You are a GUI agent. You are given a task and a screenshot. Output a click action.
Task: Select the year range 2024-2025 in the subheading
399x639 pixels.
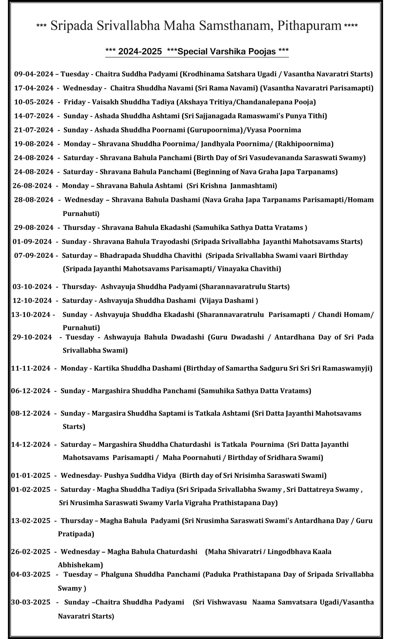[x=140, y=51]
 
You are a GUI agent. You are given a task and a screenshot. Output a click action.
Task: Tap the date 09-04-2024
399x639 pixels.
[x=34, y=74]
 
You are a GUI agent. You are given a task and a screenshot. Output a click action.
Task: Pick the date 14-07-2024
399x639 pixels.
[x=34, y=116]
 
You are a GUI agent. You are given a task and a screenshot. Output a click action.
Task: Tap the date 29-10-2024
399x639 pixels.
[x=32, y=337]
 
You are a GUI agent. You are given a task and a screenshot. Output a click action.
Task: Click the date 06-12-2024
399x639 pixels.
[x=31, y=391]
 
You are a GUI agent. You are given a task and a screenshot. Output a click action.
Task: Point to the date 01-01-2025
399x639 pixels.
[x=31, y=476]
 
